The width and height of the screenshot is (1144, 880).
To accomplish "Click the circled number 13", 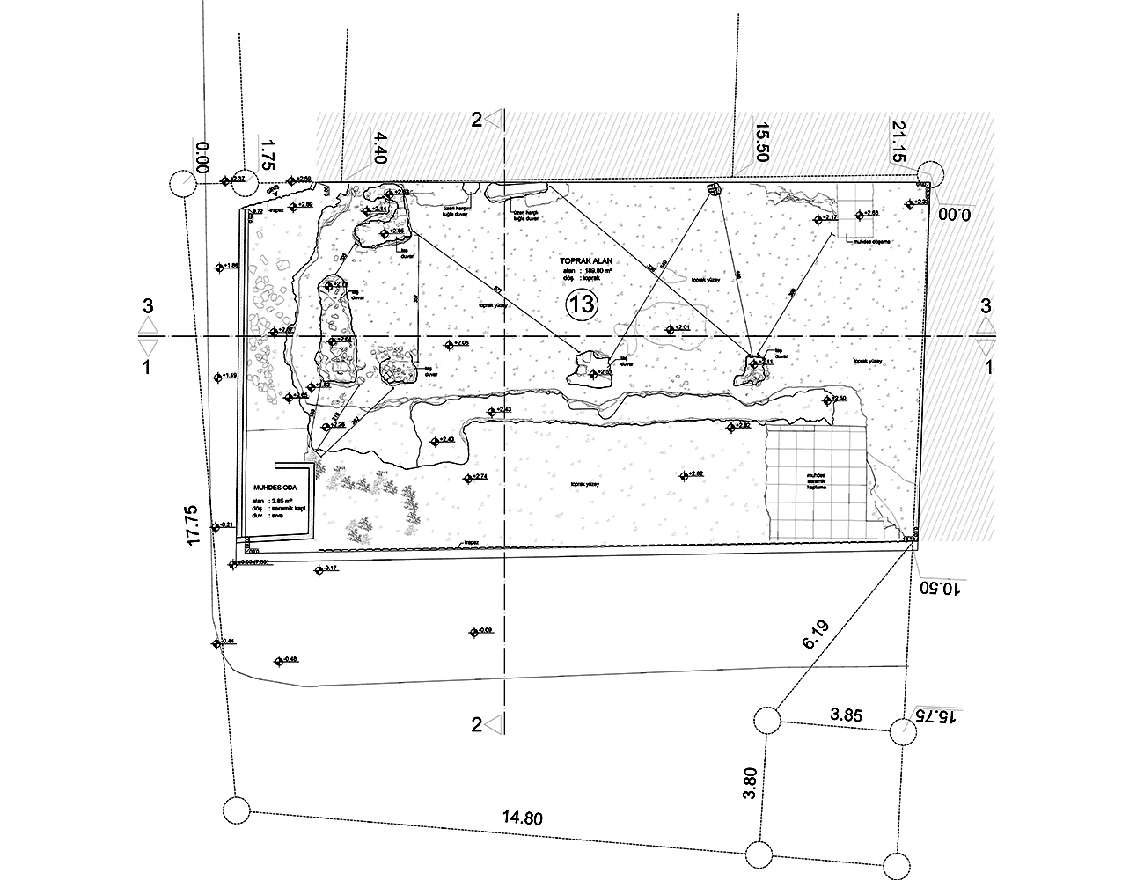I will click(x=583, y=304).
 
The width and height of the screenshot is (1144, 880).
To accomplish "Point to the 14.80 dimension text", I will click(x=522, y=818).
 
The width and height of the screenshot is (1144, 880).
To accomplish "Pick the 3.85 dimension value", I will click(x=847, y=715).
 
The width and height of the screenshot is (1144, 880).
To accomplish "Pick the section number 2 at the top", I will click(x=476, y=120).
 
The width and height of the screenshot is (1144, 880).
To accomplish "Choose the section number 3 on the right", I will click(x=986, y=306).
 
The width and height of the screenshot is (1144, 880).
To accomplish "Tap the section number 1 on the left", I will click(x=147, y=367).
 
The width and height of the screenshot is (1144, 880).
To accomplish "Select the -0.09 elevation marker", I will click(x=480, y=631).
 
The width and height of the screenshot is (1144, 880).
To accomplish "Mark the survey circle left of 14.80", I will click(x=234, y=809).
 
